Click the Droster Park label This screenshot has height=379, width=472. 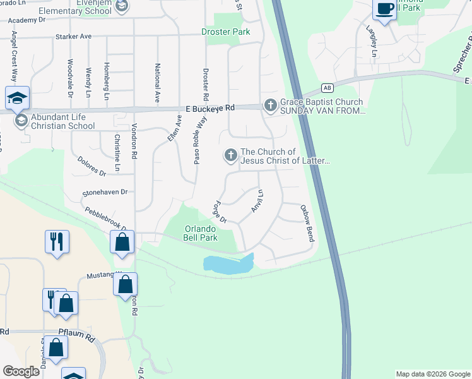tap(225, 32)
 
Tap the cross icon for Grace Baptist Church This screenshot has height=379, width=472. tap(271, 105)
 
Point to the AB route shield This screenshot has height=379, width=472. tap(326, 88)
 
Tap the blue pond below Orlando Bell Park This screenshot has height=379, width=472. tap(227, 265)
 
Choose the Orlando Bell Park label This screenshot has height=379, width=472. tap(201, 233)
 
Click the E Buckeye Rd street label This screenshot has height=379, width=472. tap(206, 109)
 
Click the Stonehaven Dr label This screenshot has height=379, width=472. tap(105, 192)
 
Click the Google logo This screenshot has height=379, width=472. tap(21, 371)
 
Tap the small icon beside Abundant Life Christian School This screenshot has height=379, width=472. tap(21, 120)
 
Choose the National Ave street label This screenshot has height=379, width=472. tap(157, 83)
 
